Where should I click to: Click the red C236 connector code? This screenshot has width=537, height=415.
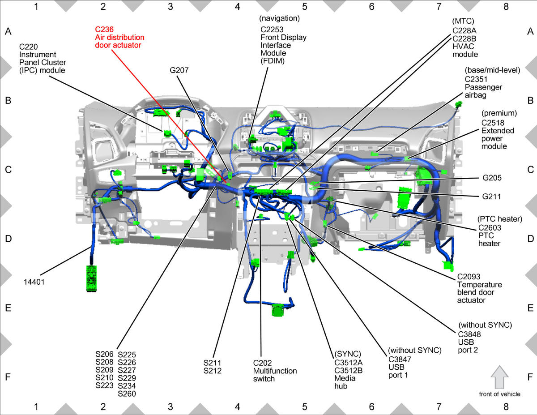point(104,30)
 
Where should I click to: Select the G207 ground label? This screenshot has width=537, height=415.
point(179,70)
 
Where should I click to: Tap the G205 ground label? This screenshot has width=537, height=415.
point(492,178)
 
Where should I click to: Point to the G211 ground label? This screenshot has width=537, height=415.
point(491,197)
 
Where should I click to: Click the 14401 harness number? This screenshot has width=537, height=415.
point(34,282)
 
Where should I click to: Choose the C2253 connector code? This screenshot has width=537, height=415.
point(272,30)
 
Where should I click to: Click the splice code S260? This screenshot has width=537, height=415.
point(127,394)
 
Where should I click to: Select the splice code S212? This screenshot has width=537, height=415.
point(212,371)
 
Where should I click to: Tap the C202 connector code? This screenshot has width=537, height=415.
point(262,363)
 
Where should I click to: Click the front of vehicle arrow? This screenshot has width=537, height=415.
point(499,377)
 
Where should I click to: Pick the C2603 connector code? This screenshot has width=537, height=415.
point(490,227)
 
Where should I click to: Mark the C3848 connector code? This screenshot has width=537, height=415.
point(469,334)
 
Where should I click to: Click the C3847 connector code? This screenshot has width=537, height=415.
point(400,359)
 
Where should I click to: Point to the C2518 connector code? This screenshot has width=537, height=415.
point(493,123)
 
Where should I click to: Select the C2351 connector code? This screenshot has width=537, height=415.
point(476,79)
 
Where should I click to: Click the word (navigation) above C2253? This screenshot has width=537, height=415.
point(279,18)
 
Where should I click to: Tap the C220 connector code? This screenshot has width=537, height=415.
point(29,47)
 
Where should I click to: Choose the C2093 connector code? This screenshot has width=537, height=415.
point(469,277)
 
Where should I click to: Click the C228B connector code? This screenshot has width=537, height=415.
point(465,39)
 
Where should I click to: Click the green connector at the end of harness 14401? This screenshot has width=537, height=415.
point(91,278)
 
